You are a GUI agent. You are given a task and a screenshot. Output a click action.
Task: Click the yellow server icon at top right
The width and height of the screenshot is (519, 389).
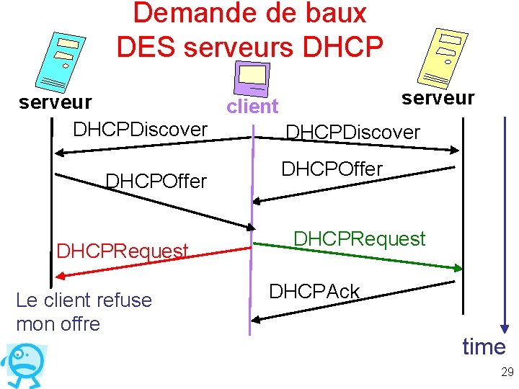coord(440,58)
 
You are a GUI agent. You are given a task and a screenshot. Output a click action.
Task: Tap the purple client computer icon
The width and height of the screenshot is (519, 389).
coord(253,77)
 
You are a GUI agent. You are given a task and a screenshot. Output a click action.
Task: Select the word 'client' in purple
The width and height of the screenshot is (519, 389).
coord(252,107)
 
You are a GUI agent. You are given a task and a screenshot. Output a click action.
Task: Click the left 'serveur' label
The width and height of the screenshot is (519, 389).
coord(55,102)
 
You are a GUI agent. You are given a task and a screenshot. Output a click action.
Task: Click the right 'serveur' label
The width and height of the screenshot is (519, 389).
coord(438,98)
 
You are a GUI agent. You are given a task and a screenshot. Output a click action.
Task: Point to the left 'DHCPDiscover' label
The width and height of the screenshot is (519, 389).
coord(141,130)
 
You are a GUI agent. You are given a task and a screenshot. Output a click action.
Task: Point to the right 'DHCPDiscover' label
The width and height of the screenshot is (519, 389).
coord(352,133)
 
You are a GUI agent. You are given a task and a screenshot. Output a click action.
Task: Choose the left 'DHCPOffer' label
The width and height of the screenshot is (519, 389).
coord(156,181)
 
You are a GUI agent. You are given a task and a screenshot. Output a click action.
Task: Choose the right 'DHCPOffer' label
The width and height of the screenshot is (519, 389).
coord(332,169)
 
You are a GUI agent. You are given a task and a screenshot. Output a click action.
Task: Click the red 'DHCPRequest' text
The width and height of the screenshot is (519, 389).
coord(123,251)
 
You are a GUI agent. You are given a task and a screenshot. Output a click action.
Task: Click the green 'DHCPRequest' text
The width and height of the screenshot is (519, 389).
coord(359,239)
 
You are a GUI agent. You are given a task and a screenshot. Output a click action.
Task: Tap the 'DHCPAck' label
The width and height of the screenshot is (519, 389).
coord(314,292)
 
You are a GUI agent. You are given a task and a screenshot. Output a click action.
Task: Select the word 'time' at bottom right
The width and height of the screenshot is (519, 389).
coord(484,347)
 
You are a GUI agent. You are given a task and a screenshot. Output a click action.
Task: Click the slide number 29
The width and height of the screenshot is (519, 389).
coord(507,372)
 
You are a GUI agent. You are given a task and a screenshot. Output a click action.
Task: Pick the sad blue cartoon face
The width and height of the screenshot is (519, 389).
coord(25,365)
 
